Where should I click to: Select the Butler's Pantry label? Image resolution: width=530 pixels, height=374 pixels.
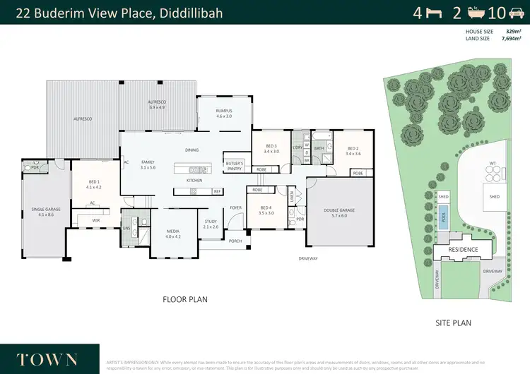tap(235, 165)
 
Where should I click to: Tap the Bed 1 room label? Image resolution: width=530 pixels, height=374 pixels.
tap(93, 185)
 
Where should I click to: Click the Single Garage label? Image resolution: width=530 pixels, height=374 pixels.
tap(44, 211)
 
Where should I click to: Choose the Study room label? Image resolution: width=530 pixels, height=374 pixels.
tap(211, 224)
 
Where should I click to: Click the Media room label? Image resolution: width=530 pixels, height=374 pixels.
tap(173, 234)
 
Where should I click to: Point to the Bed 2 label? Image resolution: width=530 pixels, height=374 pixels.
tap(353, 150)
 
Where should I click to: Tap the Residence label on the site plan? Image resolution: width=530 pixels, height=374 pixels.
tap(464, 249)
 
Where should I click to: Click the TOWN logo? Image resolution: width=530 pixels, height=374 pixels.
tap(48, 358)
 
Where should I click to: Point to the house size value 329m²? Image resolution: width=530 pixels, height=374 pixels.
tap(509, 32)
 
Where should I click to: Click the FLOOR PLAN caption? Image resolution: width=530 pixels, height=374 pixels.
tap(185, 299)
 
